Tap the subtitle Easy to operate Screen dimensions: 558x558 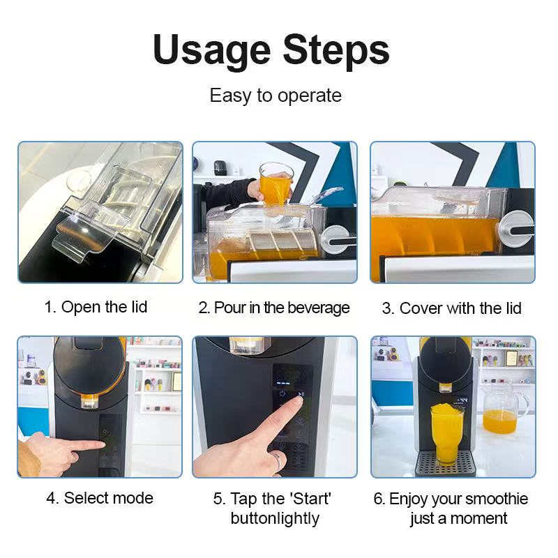tap(276, 96)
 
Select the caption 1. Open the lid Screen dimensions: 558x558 tap(96, 307)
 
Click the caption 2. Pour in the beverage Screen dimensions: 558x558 tap(274, 308)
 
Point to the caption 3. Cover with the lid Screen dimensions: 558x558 tap(451, 308)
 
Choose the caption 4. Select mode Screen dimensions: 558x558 tap(100, 498)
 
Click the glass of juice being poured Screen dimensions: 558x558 tap(275, 184)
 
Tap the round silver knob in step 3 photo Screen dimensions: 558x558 tap(516, 229)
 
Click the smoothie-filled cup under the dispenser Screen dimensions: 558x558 tap(446, 433)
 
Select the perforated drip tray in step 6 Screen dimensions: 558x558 tap(445, 463)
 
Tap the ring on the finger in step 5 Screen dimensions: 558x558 tap(278, 460)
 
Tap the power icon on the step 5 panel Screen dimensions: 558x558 tap(282, 393)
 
